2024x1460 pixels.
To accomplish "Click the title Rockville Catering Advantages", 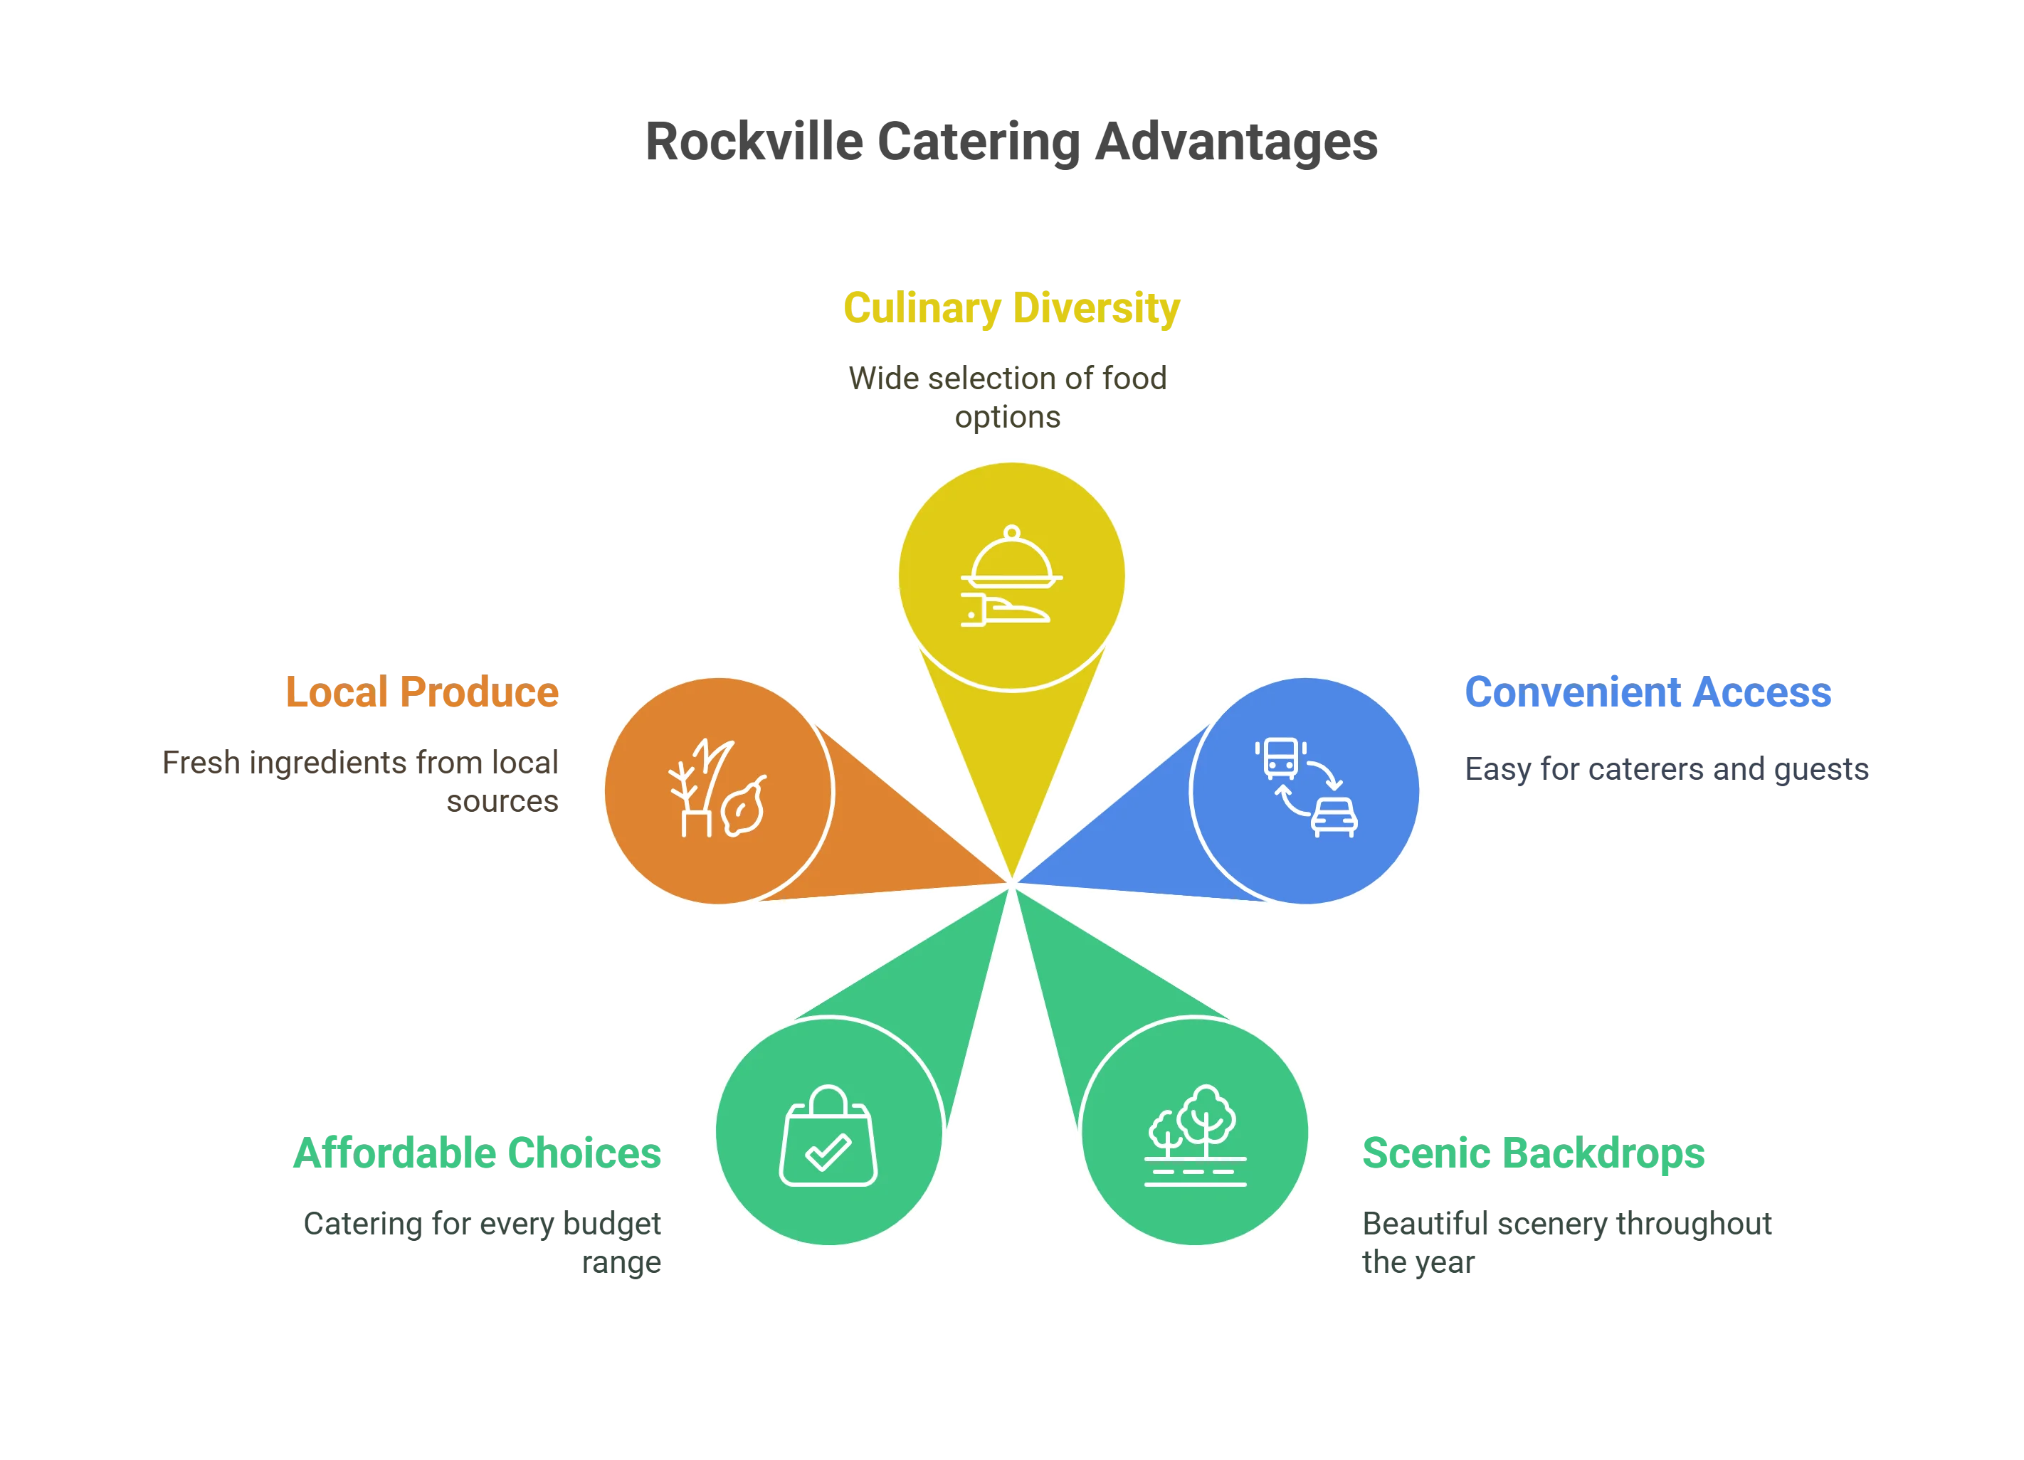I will [x=1010, y=141].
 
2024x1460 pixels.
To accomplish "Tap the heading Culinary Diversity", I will [x=1011, y=309].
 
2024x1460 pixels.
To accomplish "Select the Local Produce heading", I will [x=422, y=692].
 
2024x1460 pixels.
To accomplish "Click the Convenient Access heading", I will [x=1648, y=692].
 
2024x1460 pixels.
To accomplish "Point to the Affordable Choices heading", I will [x=478, y=1153].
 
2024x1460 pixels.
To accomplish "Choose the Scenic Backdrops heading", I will [x=1533, y=1153].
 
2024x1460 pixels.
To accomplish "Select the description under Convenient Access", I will [x=1667, y=769].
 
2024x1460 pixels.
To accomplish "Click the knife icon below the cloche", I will [x=1006, y=611].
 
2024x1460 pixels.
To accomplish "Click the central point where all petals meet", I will [x=1012, y=884].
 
